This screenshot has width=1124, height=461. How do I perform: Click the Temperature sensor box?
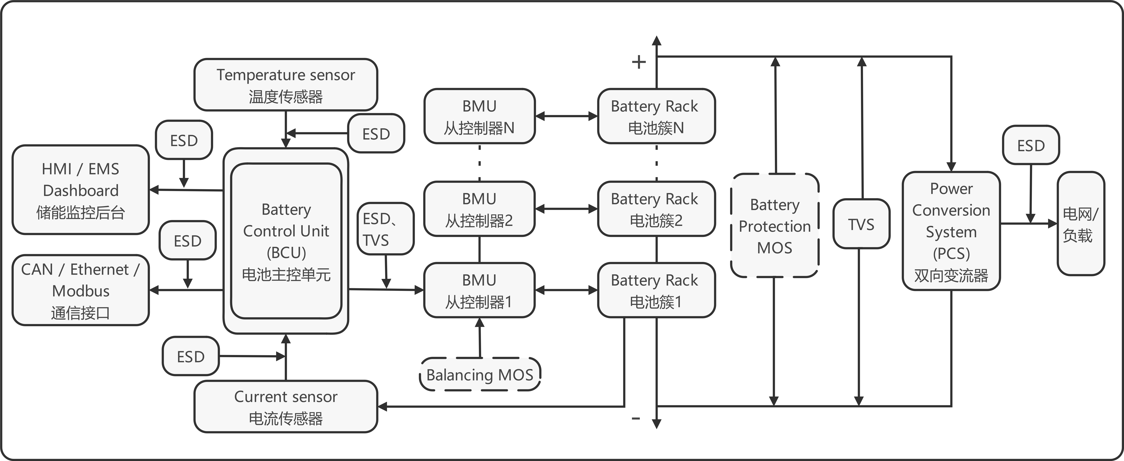[286, 85]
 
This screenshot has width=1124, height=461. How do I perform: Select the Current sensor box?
[286, 407]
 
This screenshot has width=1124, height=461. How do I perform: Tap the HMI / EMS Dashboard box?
[81, 190]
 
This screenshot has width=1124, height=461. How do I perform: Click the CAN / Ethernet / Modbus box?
[81, 290]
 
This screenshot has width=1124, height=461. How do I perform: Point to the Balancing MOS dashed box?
[480, 374]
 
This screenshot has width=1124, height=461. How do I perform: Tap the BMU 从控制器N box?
[479, 117]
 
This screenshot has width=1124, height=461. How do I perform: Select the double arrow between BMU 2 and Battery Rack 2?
[566, 209]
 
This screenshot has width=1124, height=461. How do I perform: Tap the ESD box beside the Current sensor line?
[191, 356]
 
